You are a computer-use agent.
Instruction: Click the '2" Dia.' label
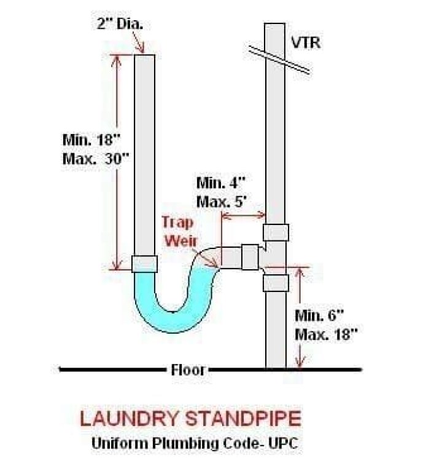[120, 24]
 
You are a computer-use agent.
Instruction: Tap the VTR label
[306, 42]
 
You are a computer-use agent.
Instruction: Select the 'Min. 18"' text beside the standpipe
[91, 140]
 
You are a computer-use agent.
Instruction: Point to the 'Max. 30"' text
[96, 159]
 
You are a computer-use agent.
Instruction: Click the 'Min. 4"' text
[221, 183]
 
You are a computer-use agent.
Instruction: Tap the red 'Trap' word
[177, 223]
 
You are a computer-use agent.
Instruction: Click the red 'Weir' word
[181, 241]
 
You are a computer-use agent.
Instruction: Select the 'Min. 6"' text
[319, 316]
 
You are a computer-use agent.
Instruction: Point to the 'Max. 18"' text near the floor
[326, 334]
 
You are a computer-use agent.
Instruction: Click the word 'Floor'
[188, 369]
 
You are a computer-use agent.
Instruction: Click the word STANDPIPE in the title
[243, 419]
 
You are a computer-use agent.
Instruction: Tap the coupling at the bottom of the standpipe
[145, 264]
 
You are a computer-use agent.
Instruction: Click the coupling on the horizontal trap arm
[250, 257]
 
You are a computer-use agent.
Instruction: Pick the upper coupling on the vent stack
[276, 232]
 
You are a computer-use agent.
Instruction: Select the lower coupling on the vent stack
[276, 283]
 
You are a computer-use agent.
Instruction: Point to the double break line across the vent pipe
[279, 60]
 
